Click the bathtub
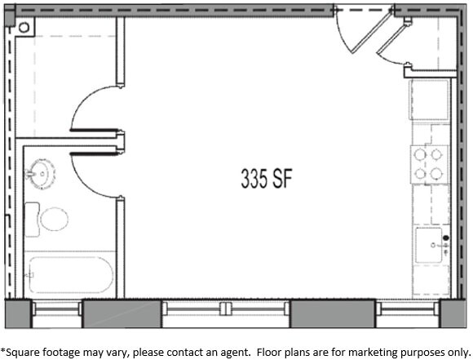click(x=70, y=276)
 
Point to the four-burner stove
click(x=430, y=163)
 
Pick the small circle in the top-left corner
click(x=23, y=27)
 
